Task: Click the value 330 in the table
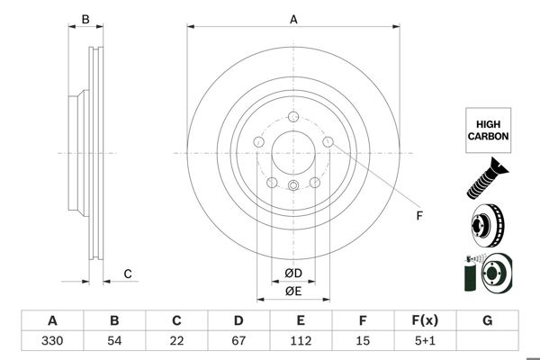click(52, 340)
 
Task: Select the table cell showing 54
click(114, 340)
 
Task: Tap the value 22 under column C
click(176, 340)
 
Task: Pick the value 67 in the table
click(238, 340)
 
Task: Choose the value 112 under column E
click(301, 340)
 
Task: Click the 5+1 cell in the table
click(425, 340)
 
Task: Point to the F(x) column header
click(425, 320)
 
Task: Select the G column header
click(487, 320)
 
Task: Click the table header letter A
click(52, 320)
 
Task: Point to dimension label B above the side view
click(85, 19)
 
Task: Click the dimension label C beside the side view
click(128, 274)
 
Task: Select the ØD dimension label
click(293, 274)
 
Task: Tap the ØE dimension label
click(293, 291)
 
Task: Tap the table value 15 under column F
click(363, 340)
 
